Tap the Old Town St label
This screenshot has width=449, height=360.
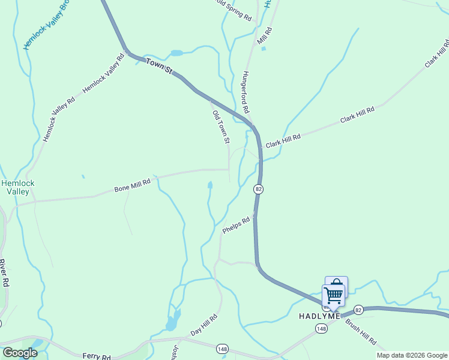point(221,127)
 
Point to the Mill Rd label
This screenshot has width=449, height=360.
point(264,37)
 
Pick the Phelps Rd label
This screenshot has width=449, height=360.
point(236,225)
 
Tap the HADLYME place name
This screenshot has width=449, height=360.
point(320,316)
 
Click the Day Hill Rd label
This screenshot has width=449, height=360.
point(203,325)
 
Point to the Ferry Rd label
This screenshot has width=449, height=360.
point(97,356)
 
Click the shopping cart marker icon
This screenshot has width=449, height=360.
point(333,295)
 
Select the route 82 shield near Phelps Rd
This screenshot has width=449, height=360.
point(258,189)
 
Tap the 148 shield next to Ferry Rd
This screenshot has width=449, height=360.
point(223,349)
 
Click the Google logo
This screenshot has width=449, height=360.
point(20,353)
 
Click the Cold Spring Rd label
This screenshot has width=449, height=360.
point(234,10)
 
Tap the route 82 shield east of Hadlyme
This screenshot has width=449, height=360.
point(358,310)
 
